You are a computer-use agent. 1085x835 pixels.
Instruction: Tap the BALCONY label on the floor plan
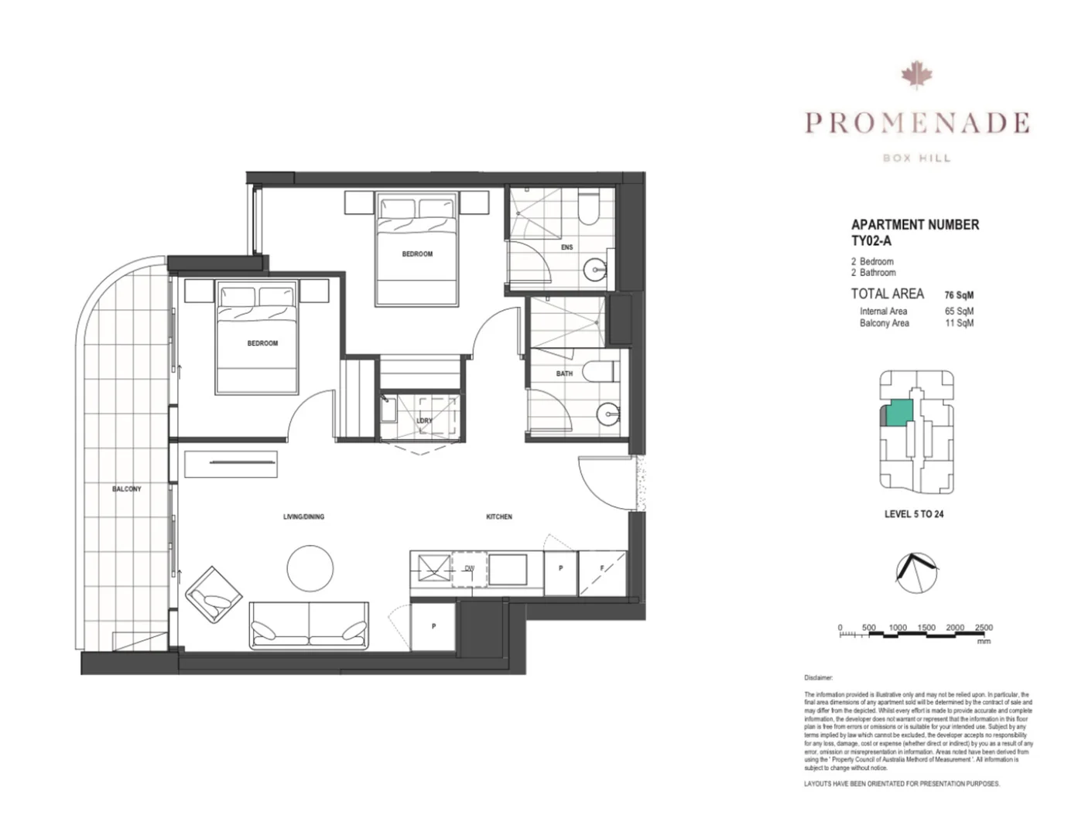[127, 489]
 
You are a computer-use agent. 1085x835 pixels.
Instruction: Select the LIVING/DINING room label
[303, 516]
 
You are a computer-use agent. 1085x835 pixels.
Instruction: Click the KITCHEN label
[499, 516]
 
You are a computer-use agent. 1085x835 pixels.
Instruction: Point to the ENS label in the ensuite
[566, 247]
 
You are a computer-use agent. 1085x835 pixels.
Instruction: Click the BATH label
[564, 373]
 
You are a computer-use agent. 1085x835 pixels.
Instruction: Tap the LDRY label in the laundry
[424, 421]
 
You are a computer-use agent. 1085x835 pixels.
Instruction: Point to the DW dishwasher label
[469, 568]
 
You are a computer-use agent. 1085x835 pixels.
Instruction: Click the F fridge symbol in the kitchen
[602, 568]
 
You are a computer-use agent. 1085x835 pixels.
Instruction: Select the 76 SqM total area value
[959, 295]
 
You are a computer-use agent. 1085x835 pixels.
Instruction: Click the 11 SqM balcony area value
[959, 323]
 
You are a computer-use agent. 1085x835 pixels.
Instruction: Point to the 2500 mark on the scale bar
[983, 628]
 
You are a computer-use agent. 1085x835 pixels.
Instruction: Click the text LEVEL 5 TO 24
[914, 514]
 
